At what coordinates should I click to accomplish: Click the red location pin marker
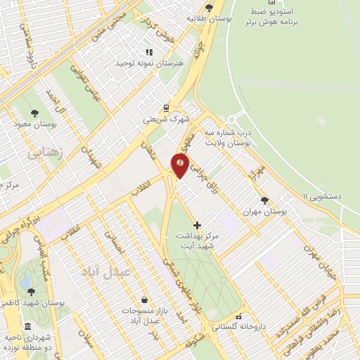[181, 165]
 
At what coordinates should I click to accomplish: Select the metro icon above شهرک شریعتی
[166, 108]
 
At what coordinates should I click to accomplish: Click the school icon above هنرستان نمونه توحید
[148, 52]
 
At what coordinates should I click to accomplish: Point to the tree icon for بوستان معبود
[34, 112]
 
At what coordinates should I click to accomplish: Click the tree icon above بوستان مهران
[264, 200]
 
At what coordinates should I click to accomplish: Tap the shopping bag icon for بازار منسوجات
[144, 299]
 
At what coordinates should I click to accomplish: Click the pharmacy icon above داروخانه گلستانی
[239, 316]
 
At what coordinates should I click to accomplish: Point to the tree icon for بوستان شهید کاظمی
[30, 290]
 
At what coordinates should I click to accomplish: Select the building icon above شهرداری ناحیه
[27, 327]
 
